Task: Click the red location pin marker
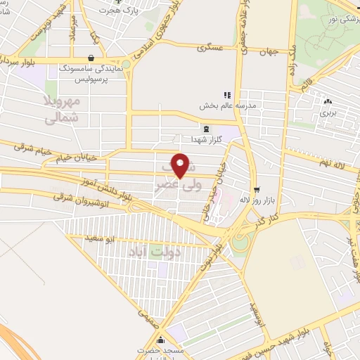tap(181, 166)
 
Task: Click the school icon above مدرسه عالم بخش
tap(226, 95)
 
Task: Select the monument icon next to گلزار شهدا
tap(205, 129)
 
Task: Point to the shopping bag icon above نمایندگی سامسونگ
tap(91, 58)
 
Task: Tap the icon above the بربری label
tap(328, 101)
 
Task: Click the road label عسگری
tap(210, 49)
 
